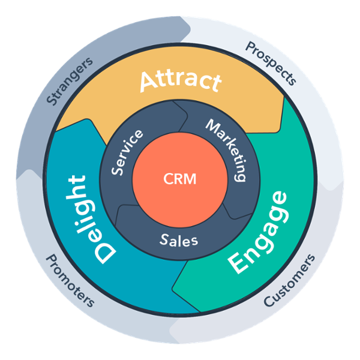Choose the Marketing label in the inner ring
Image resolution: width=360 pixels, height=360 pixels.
pyautogui.click(x=227, y=149)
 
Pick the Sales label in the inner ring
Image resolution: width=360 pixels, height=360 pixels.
pyautogui.click(x=179, y=239)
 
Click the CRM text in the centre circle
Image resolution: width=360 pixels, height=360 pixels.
pyautogui.click(x=179, y=179)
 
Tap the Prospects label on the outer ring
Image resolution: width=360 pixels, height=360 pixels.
pyautogui.click(x=271, y=62)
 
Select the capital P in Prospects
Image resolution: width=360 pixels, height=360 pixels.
pyautogui.click(x=249, y=47)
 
